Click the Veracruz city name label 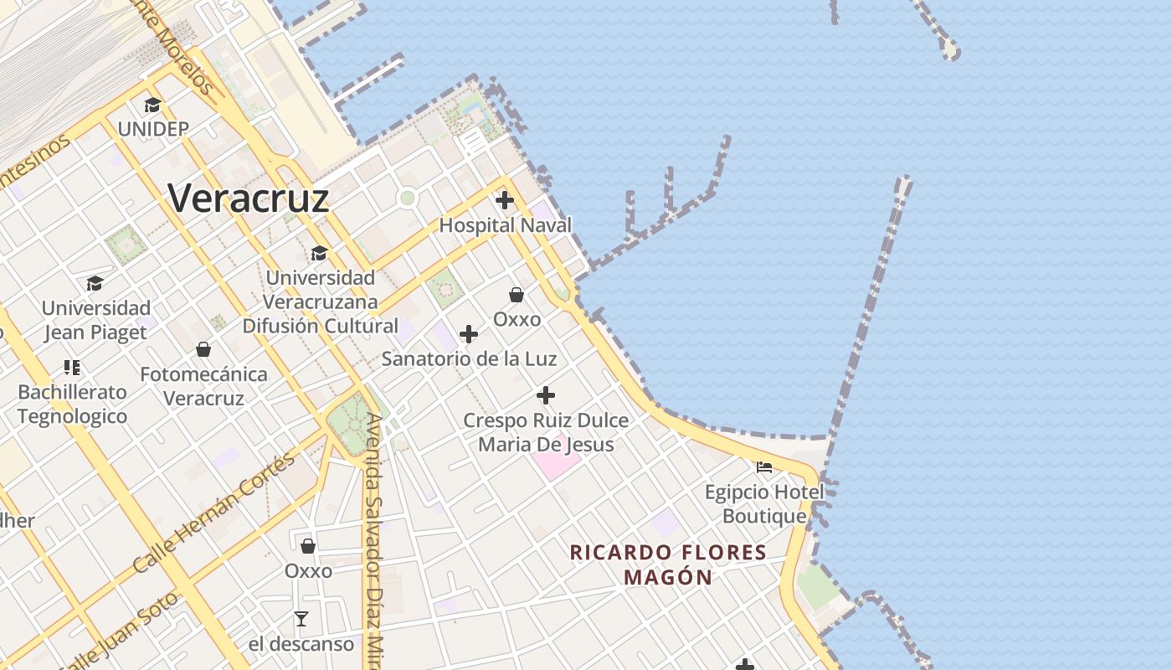point(249,198)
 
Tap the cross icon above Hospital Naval point(505,200)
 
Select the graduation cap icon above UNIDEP point(152,105)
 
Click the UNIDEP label point(153,129)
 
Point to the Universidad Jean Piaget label point(96,320)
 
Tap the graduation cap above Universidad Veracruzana point(319,253)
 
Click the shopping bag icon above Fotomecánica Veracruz point(203,348)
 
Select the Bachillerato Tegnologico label point(73,404)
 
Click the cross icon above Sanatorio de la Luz point(469,334)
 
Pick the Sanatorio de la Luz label point(469,358)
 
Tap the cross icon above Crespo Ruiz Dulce point(546,394)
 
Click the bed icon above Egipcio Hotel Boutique point(764,466)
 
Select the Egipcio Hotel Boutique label point(764,503)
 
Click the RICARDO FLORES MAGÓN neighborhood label point(668,564)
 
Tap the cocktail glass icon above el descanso point(301,619)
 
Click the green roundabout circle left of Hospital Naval point(408,198)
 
